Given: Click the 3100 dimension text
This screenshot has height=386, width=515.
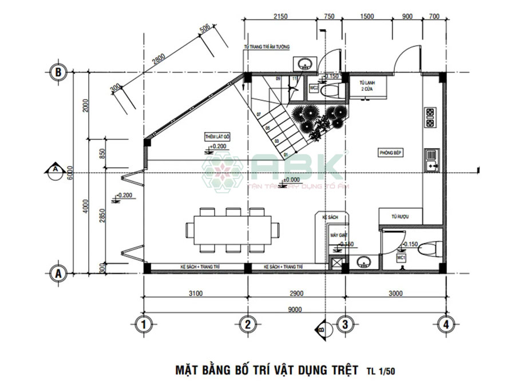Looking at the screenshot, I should (x=195, y=294).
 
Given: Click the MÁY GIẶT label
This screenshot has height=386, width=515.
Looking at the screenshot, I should (x=335, y=235).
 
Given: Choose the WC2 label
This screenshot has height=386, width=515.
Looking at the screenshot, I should (x=314, y=89).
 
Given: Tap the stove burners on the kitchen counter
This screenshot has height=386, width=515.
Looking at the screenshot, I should (x=430, y=117).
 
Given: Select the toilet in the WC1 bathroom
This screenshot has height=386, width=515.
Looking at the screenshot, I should (x=429, y=250).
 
